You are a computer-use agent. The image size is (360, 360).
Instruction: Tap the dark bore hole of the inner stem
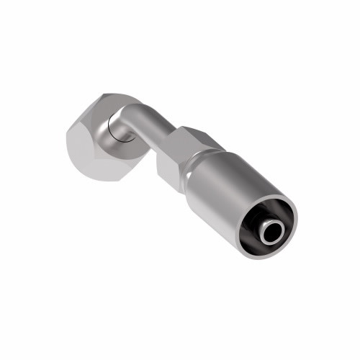pyautogui.click(x=271, y=232)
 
